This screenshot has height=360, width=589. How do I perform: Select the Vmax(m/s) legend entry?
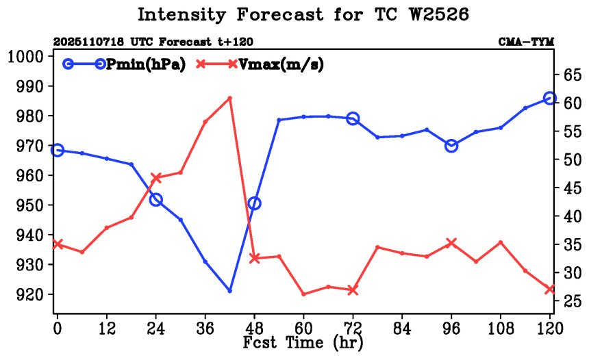(281, 64)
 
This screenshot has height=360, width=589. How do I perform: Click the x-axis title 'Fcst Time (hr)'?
(303, 342)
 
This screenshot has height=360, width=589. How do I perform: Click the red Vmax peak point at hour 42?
(229, 98)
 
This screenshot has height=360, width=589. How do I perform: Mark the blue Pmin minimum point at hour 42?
(229, 291)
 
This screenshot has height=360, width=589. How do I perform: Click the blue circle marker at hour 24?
(155, 200)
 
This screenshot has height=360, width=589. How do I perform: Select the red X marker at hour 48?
(254, 258)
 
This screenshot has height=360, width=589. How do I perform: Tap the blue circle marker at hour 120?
(549, 99)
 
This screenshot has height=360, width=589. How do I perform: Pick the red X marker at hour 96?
(451, 243)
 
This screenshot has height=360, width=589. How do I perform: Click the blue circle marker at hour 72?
(353, 118)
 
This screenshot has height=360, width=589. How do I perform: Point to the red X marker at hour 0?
(58, 244)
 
